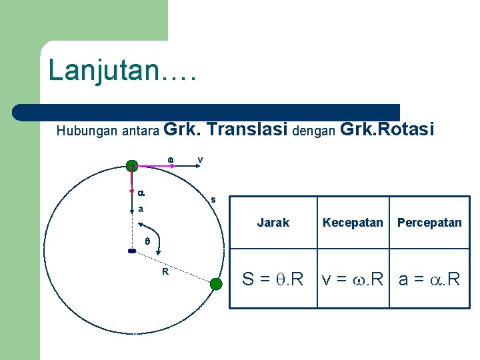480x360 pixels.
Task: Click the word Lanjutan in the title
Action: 103,69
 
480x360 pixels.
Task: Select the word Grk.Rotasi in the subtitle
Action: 387,129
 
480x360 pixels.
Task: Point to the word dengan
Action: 313,131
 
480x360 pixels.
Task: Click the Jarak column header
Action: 273,223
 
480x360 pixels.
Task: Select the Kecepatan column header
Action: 353,223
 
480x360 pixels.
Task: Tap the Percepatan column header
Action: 429,223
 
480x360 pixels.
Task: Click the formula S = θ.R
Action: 273,279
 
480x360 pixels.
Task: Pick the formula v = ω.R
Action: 353,279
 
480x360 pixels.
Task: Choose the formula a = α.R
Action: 429,279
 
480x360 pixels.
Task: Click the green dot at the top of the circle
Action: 132,165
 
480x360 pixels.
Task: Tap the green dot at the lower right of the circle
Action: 215,285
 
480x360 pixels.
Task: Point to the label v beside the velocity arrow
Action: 200,159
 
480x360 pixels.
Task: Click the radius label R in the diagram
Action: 165,271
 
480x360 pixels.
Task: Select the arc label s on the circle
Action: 213,199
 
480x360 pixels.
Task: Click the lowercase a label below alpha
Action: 141,209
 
